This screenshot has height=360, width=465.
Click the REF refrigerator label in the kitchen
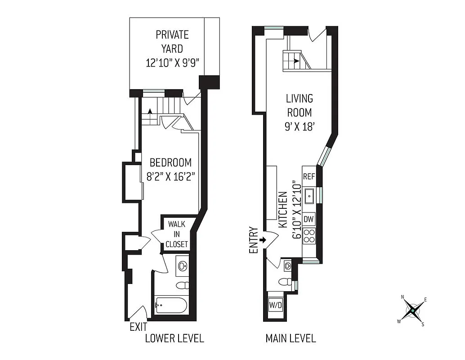coord(309,176)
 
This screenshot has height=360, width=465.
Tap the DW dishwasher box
coord(309,219)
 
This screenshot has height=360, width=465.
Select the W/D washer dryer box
coord(275,306)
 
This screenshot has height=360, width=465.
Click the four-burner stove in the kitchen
coord(309,235)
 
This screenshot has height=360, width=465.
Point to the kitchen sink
coord(309,196)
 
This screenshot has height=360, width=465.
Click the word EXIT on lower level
coord(138,327)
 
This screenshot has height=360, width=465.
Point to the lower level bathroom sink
coord(182,265)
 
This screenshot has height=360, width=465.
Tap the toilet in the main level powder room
coord(284,282)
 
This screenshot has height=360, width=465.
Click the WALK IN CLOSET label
coord(176,234)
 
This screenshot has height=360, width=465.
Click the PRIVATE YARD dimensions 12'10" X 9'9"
coord(172,63)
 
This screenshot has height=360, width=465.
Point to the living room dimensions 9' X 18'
coord(299,126)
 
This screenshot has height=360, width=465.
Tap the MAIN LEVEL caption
coord(291,338)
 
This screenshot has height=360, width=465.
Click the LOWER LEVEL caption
coord(174,338)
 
